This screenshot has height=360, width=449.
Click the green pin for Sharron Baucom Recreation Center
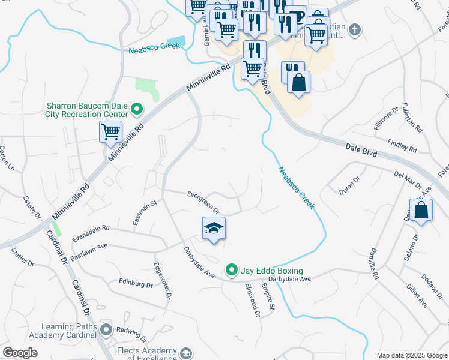pyautogui.click(x=137, y=110)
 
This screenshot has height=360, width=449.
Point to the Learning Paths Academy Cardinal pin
pyautogui.click(x=106, y=329)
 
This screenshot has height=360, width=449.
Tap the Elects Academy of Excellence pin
pyautogui.click(x=185, y=353)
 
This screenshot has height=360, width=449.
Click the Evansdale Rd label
pyautogui.click(x=90, y=232)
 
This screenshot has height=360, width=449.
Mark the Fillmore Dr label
pyautogui.click(x=387, y=118)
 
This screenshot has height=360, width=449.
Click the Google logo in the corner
pyautogui.click(x=20, y=353)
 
